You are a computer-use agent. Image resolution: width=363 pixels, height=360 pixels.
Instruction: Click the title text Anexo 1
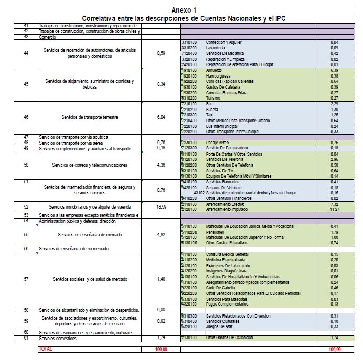click(x=181, y=10)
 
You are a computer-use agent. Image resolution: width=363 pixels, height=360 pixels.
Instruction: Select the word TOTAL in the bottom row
click(x=46, y=349)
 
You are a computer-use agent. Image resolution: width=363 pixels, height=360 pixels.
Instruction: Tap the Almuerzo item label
click(x=215, y=69)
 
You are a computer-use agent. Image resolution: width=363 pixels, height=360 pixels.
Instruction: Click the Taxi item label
click(x=210, y=114)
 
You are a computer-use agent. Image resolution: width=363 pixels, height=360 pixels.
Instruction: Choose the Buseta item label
click(x=213, y=108)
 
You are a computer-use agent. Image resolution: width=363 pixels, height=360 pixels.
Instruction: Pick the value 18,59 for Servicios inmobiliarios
click(x=162, y=207)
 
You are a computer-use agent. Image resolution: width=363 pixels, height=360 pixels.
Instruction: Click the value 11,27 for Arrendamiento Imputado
click(x=334, y=210)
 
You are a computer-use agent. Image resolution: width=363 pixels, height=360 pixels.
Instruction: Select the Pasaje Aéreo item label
click(x=218, y=142)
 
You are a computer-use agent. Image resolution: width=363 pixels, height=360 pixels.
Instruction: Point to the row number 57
click(x=26, y=279)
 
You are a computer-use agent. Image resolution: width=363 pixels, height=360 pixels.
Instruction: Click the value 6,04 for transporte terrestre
click(x=162, y=117)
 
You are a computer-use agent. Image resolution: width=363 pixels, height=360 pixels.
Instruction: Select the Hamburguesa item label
click(x=219, y=75)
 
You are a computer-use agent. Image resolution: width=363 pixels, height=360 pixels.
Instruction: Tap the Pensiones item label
click(x=216, y=232)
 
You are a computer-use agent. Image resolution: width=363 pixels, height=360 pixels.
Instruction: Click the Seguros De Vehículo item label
click(x=224, y=187)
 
